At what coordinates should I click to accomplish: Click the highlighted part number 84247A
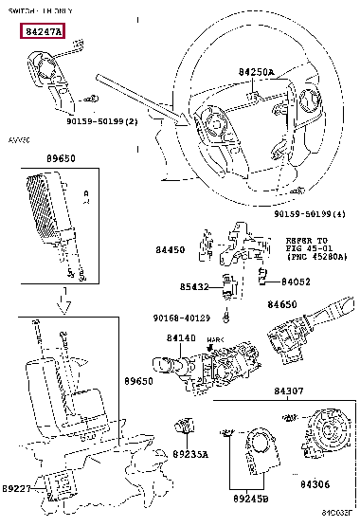[x=45, y=31]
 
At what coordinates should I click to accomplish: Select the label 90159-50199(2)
[x=102, y=121]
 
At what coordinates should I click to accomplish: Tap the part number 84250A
[x=256, y=72]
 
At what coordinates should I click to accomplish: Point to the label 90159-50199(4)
[x=313, y=215]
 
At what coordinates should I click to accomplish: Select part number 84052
[x=297, y=281]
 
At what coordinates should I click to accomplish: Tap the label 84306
[x=315, y=484]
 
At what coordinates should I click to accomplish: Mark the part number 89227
[x=16, y=489]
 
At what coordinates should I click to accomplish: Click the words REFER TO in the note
[x=308, y=241]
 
